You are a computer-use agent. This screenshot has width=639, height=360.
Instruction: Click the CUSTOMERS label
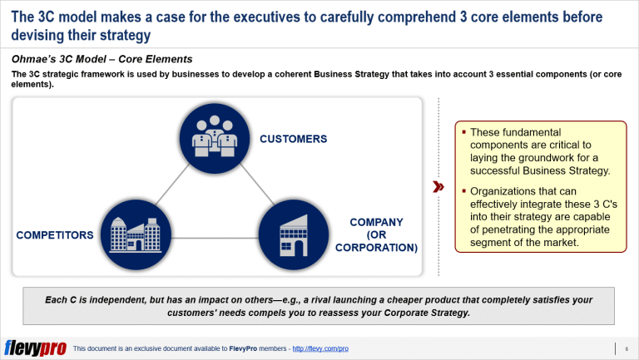point(294,139)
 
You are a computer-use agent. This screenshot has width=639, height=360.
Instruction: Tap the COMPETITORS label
point(55,235)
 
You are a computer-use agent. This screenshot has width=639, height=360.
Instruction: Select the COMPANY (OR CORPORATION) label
point(376,235)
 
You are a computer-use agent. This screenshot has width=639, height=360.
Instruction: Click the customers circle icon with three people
point(215,138)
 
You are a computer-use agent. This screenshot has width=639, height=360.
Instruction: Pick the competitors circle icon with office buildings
point(136,234)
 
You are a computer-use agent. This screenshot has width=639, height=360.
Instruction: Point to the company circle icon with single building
point(294,234)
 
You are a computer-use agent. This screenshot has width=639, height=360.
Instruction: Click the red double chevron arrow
point(438,187)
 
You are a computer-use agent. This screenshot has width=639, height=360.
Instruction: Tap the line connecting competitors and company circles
point(215,238)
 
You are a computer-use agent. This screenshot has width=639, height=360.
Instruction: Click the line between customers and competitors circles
point(172,185)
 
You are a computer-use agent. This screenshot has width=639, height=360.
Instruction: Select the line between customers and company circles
point(258,185)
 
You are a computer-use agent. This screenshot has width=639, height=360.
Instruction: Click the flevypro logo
point(36,348)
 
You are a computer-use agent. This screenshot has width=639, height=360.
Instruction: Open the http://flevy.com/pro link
point(320,348)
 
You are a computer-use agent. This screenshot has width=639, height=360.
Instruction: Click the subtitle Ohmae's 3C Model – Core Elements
point(102,60)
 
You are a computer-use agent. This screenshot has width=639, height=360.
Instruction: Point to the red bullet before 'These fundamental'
point(463,131)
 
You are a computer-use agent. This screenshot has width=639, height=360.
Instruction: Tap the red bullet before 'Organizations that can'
point(463,190)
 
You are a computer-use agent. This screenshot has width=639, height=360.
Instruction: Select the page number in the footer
point(627,349)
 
